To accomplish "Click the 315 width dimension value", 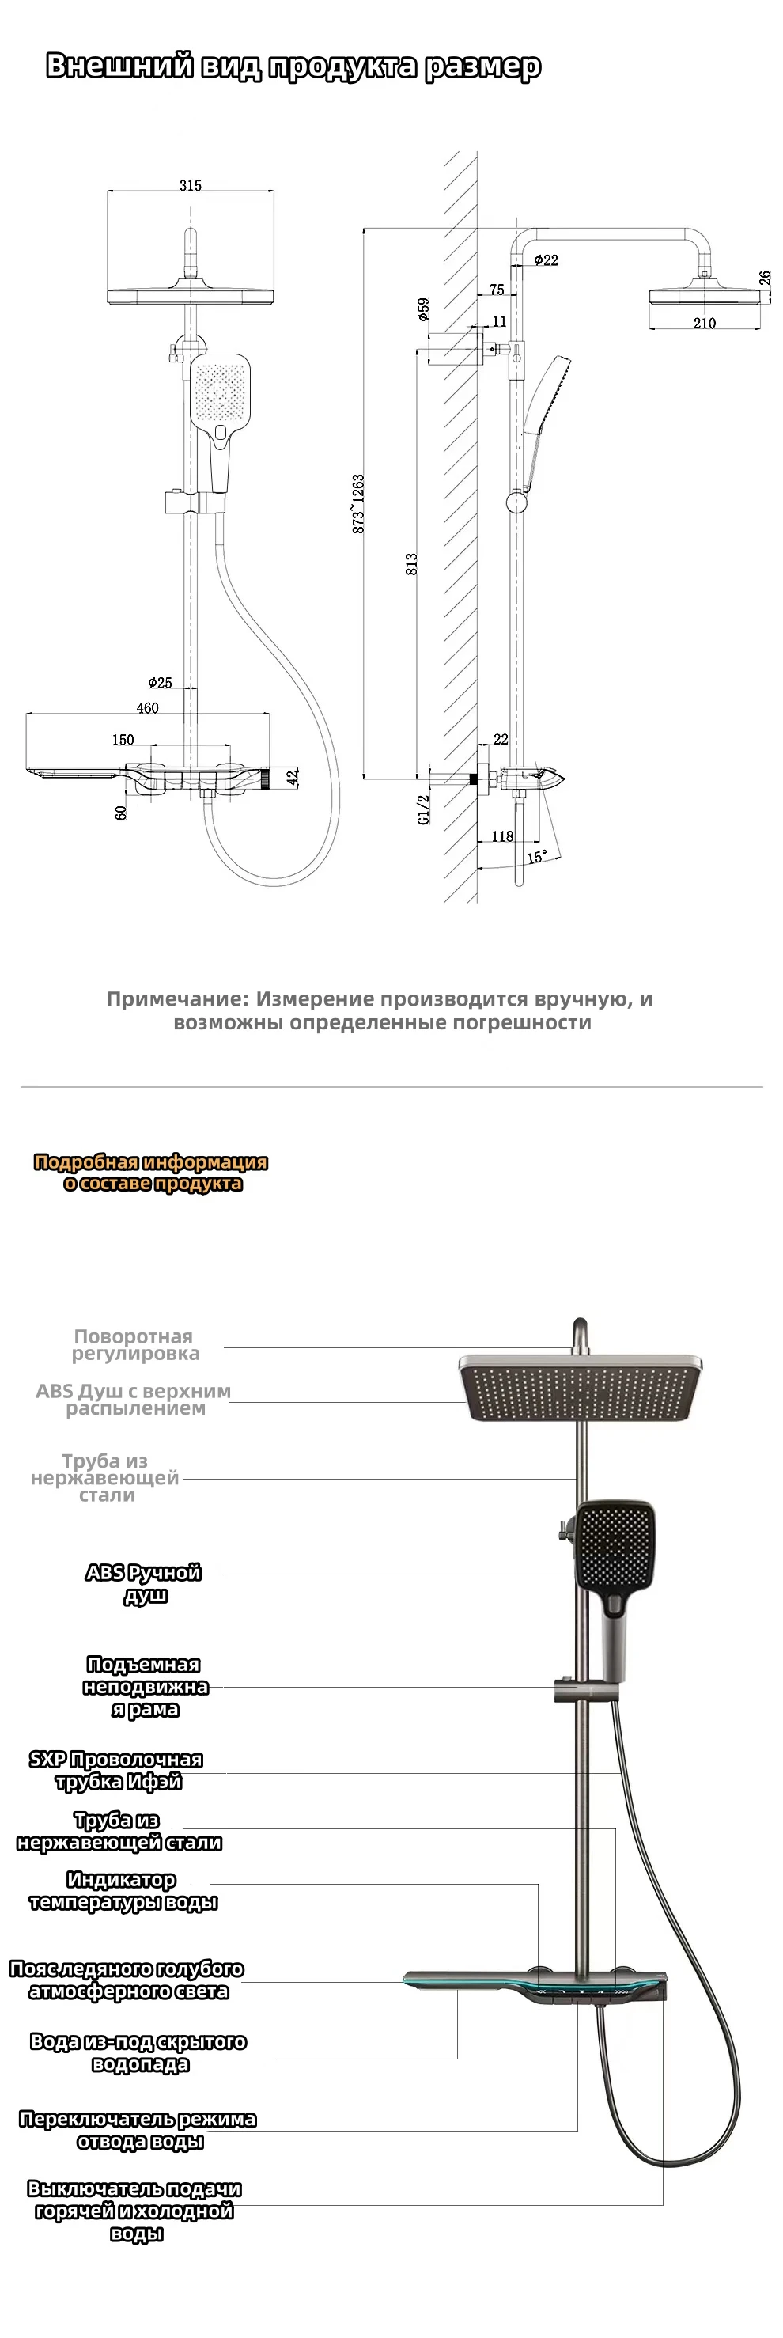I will [191, 185].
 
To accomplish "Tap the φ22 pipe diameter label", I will [547, 260].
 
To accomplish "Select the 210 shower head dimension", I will [704, 323].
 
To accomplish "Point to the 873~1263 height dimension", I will [358, 503].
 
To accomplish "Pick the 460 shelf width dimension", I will [147, 708].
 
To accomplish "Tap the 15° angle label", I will [537, 857].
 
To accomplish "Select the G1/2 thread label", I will [424, 809].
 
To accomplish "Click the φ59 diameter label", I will [424, 310].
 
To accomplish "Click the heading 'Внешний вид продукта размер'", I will [293, 66].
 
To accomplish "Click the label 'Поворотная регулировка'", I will [134, 1344].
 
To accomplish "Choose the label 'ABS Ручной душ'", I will [143, 1583].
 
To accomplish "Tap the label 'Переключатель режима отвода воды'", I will [138, 2130].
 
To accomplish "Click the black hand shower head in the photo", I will [615, 1542].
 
